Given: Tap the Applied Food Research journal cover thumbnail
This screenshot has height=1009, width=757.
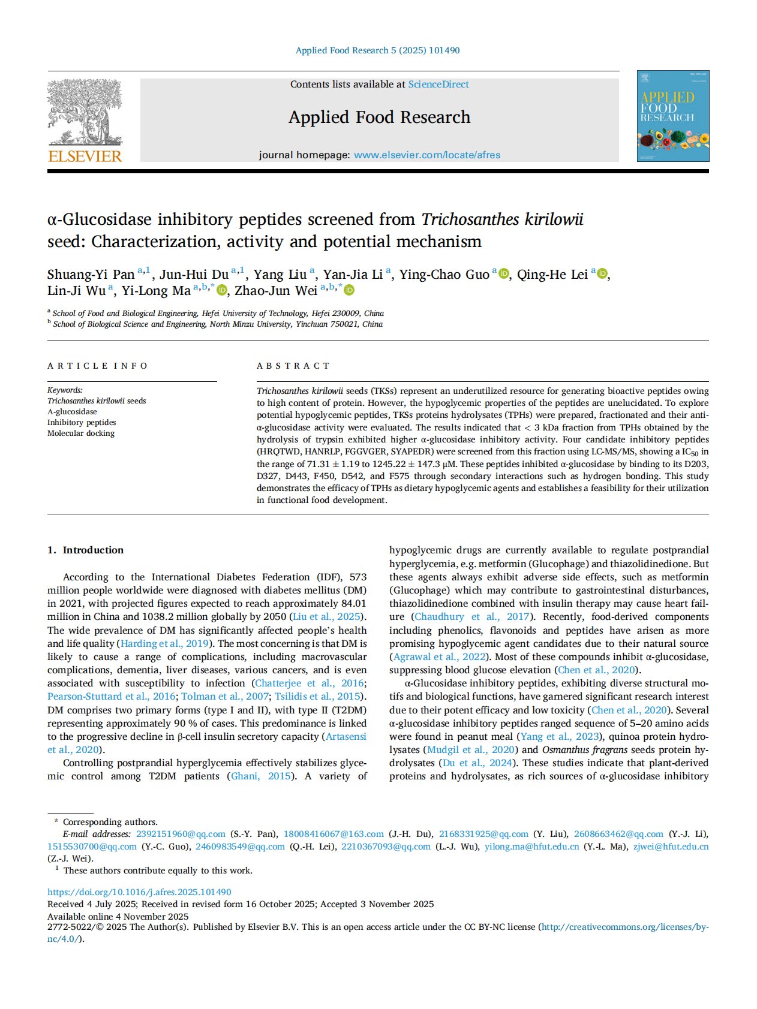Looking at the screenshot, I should pos(672,116).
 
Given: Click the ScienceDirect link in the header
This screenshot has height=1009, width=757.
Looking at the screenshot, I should pos(438,85).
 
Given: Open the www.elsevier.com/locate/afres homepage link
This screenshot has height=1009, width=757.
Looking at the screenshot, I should pos(426,155).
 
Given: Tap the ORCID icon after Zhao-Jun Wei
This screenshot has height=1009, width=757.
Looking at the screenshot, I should pos(349,290).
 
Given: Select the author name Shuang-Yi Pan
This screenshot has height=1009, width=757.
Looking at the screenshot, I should pos(91,275).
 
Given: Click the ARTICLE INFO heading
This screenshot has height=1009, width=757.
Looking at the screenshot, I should pos(98,366).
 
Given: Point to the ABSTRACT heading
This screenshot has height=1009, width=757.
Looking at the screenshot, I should pos(293,366).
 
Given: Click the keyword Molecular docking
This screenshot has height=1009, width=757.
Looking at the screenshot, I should pos(81,433).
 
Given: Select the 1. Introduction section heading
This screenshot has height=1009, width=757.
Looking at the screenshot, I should pos(85,550).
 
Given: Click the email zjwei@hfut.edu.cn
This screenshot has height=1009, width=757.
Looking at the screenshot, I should pos(671,847).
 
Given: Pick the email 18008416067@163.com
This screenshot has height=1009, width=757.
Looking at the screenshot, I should pos(334,834).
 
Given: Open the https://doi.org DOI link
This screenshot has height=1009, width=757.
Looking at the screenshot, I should pos(139,892).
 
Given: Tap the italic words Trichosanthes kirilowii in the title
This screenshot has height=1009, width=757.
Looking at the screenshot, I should pos(502,219).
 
